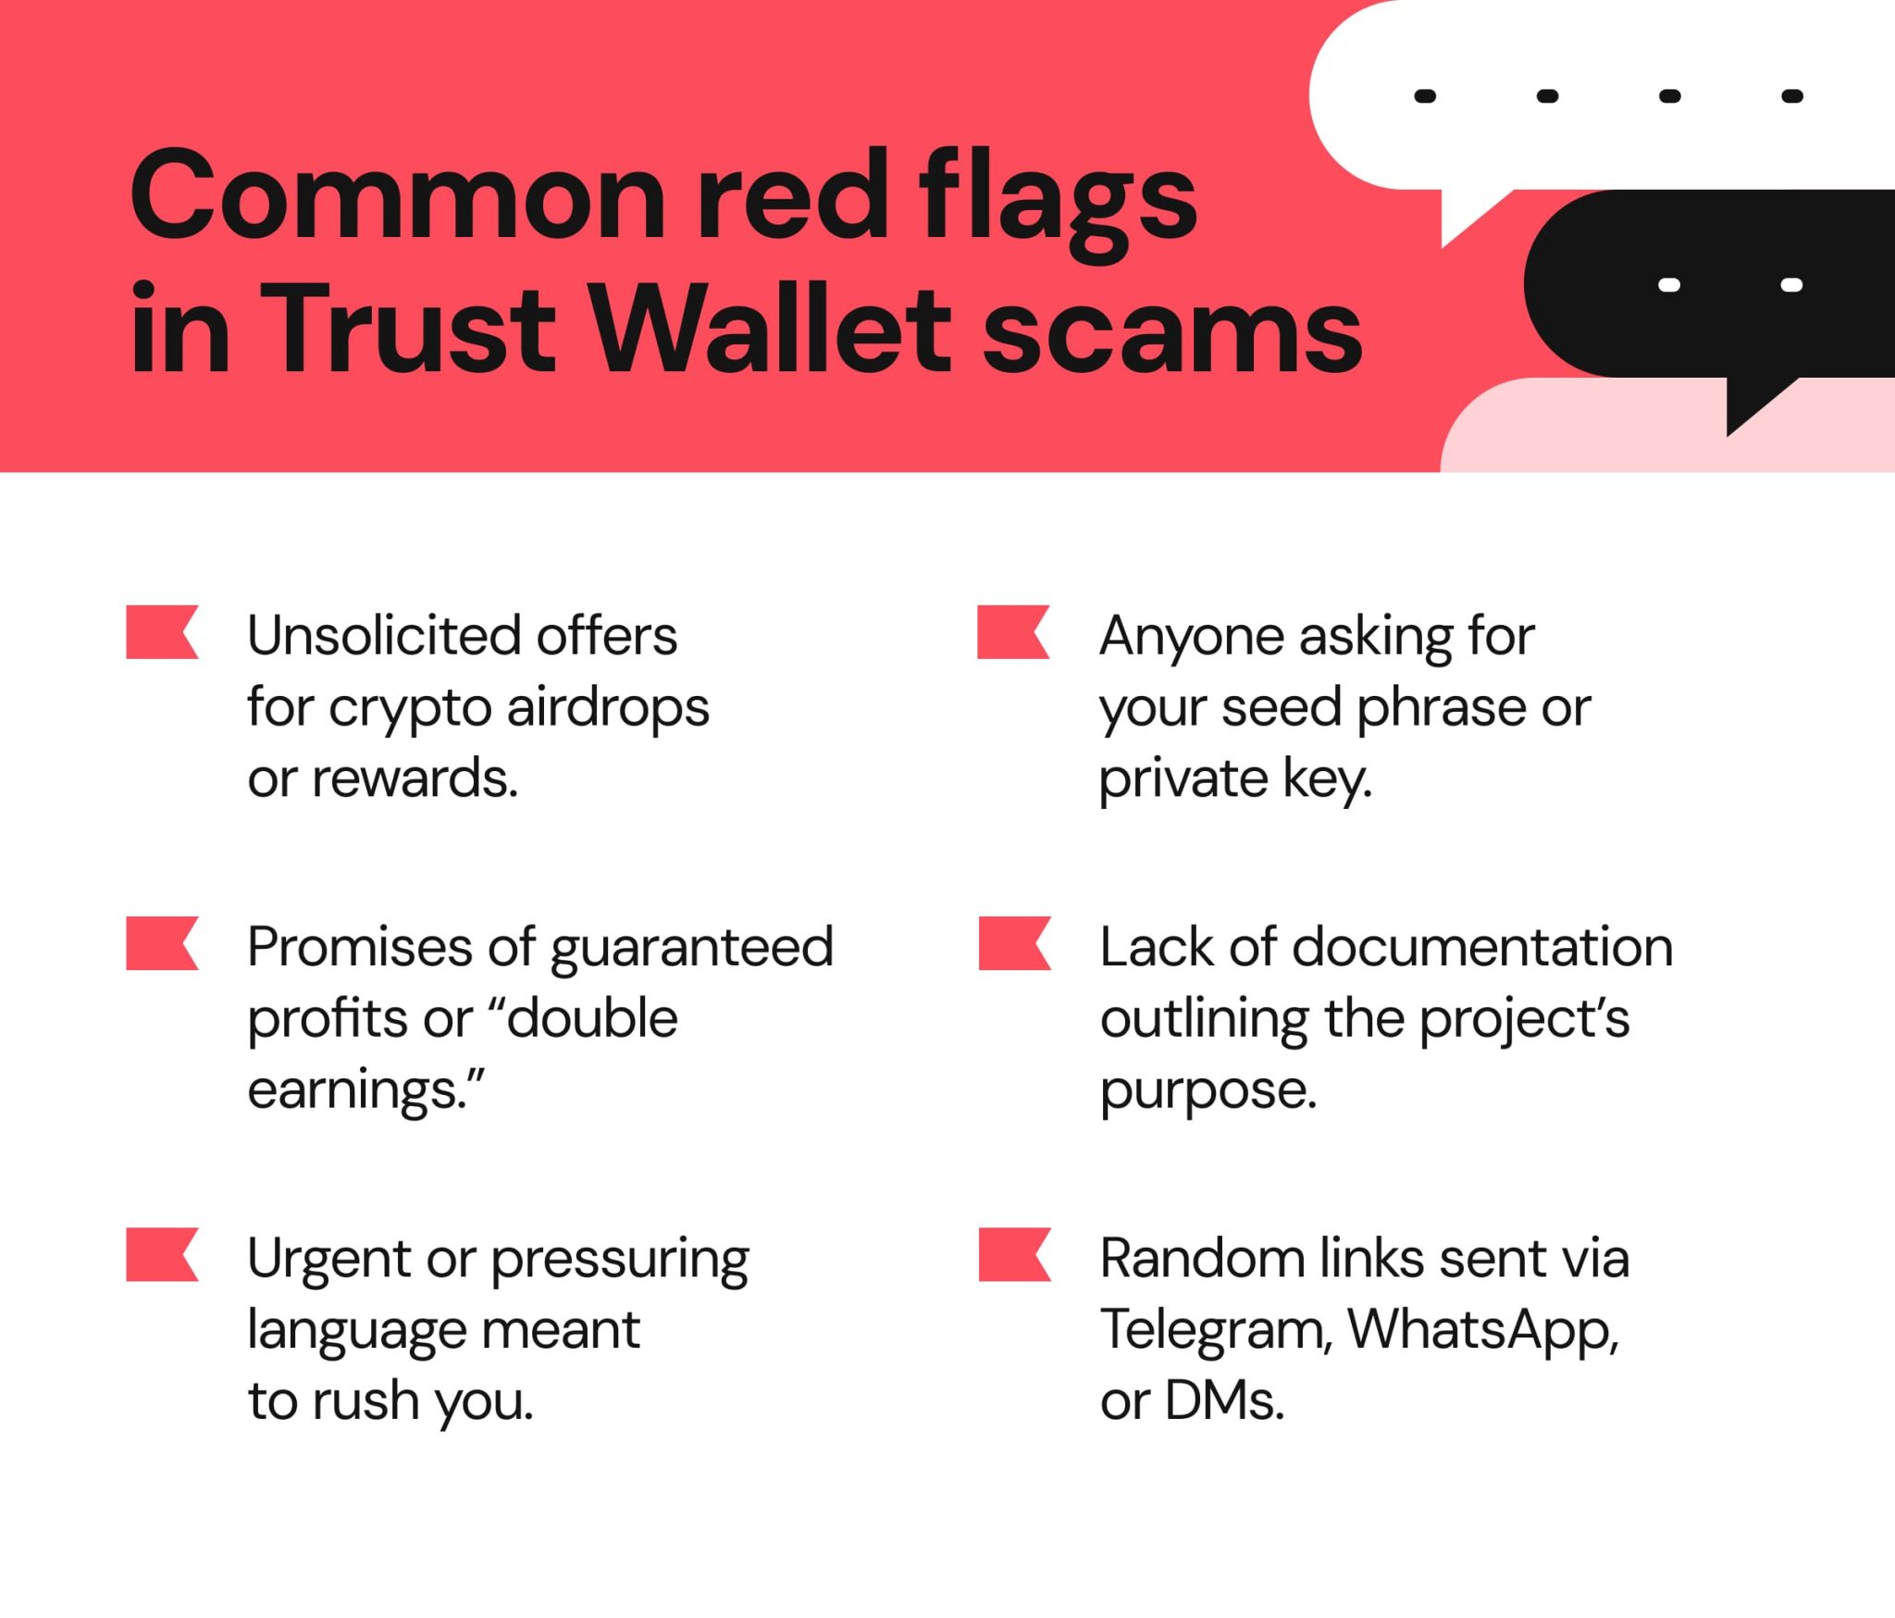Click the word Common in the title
pyautogui.click(x=398, y=196)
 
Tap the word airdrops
pyautogui.click(x=608, y=708)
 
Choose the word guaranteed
pyautogui.click(x=691, y=948)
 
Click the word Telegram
pyautogui.click(x=1216, y=1330)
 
